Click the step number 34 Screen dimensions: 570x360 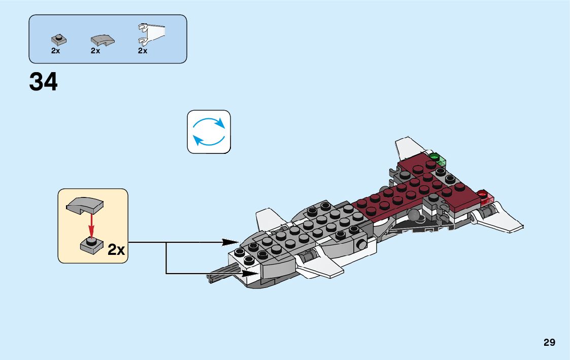(44, 82)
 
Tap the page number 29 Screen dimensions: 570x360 (549, 342)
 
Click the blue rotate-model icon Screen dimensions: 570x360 (209, 132)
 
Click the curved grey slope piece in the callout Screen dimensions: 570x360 (85, 205)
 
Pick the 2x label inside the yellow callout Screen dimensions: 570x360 (116, 250)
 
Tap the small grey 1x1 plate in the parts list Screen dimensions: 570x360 (58, 40)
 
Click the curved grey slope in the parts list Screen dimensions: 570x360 (102, 40)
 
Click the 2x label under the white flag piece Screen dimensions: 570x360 (143, 51)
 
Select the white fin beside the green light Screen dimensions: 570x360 (410, 147)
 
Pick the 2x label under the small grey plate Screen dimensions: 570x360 (55, 51)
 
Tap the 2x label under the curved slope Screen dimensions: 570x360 (95, 51)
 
